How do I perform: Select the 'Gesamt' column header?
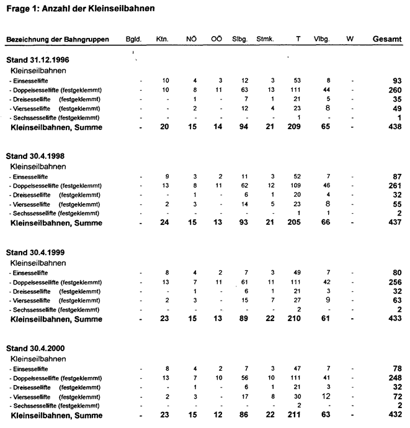point(386,39)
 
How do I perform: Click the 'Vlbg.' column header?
point(321,39)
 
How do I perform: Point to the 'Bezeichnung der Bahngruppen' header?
point(58,39)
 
